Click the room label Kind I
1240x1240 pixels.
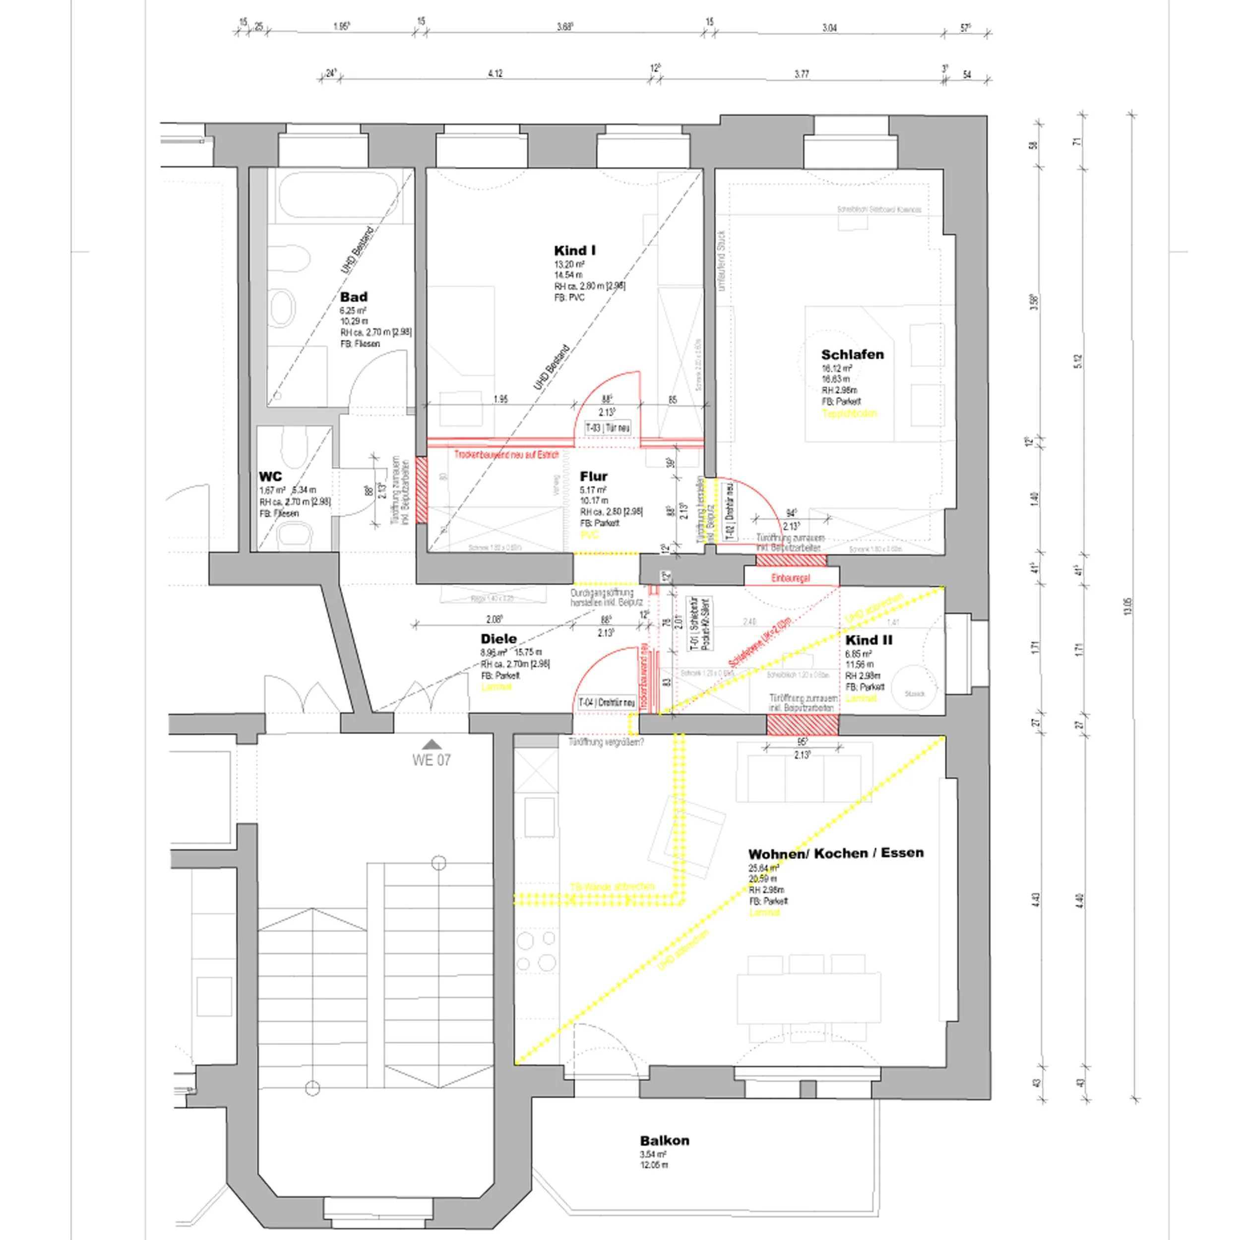[574, 250]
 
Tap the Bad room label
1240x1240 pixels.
[354, 297]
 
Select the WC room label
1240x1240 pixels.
[270, 476]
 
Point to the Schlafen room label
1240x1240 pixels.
[852, 354]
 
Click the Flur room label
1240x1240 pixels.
[593, 476]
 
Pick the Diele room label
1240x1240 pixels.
[498, 639]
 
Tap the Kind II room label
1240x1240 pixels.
[868, 640]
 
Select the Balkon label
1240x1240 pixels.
[664, 1140]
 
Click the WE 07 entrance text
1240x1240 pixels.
[432, 760]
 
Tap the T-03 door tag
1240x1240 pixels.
[607, 428]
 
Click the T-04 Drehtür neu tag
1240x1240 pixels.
[607, 703]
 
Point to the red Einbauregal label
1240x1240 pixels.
[790, 578]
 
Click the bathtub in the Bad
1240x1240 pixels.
[340, 196]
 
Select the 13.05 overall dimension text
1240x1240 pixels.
[1128, 607]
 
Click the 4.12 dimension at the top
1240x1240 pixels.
[495, 74]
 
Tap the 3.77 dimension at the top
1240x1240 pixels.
[802, 74]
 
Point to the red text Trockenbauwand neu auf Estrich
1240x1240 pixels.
[506, 454]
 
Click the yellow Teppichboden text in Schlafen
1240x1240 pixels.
[849, 413]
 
